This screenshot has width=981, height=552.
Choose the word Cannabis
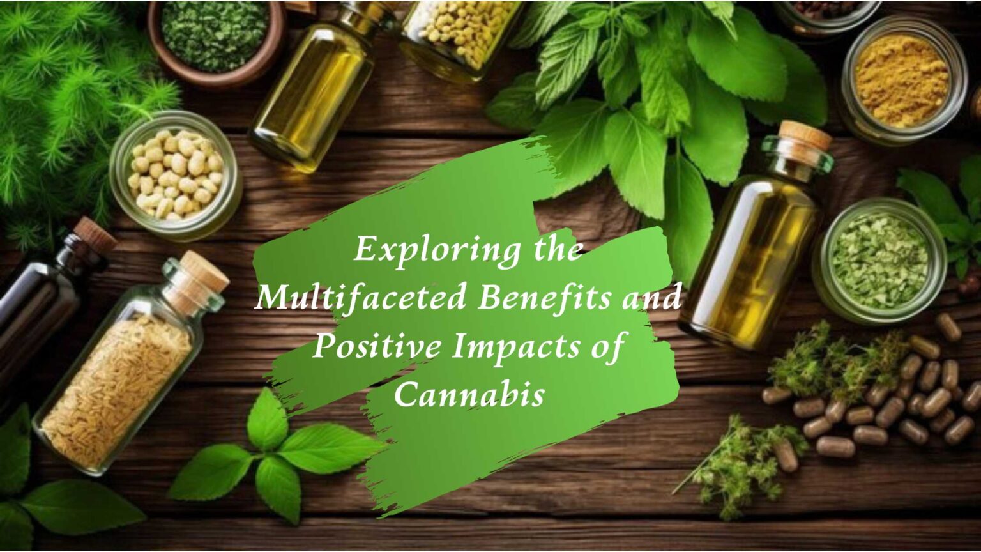coord(469,395)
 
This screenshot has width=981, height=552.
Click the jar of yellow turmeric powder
coord(901,80)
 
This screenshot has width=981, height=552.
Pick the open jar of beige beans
coord(175,174)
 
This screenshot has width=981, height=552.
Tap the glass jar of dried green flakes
coord(880,259)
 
